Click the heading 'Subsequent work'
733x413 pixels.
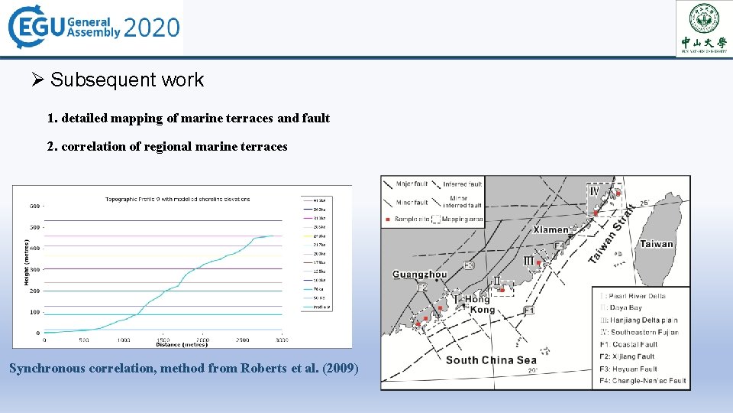(x=127, y=80)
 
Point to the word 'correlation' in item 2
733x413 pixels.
(x=92, y=146)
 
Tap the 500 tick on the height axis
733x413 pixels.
(x=34, y=227)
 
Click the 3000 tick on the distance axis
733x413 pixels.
(x=282, y=340)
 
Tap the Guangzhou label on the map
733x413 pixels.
(x=419, y=275)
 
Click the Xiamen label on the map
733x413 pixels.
(x=551, y=229)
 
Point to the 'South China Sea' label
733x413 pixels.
(x=491, y=360)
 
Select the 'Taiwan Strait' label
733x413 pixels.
(x=613, y=233)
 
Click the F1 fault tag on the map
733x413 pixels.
(x=529, y=311)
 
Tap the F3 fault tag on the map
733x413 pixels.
(x=468, y=265)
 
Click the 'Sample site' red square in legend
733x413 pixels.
(x=387, y=220)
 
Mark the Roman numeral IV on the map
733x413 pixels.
(x=594, y=191)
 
